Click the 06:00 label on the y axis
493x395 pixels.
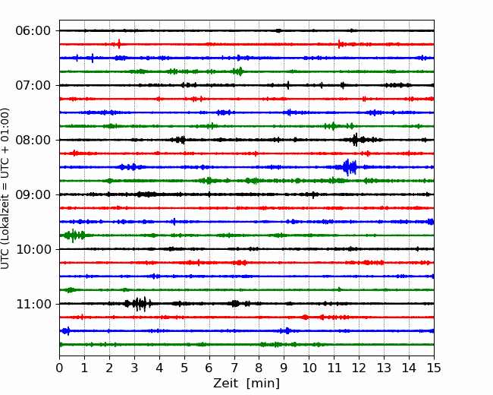click(x=33, y=30)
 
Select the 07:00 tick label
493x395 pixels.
click(x=33, y=85)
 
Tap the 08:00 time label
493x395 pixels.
click(x=33, y=140)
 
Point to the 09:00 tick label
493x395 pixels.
click(x=33, y=194)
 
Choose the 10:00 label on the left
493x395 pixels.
click(x=33, y=249)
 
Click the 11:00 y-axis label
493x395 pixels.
click(x=33, y=304)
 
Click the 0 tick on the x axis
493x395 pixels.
click(x=59, y=368)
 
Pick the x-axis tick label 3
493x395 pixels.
click(x=134, y=368)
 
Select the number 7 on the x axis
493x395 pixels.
click(x=234, y=368)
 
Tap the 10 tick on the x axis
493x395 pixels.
click(x=309, y=368)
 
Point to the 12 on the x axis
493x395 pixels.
click(x=359, y=368)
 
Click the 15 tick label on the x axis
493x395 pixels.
click(x=434, y=368)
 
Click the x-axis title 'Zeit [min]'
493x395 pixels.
click(x=246, y=384)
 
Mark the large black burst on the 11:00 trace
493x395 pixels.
click(x=140, y=304)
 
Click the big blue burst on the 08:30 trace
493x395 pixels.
click(x=349, y=167)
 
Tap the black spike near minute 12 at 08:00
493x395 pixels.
click(x=355, y=140)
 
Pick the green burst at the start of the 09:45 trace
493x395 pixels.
click(x=71, y=235)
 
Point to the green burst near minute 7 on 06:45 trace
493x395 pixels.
click(x=238, y=71)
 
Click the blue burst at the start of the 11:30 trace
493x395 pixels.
click(x=65, y=331)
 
